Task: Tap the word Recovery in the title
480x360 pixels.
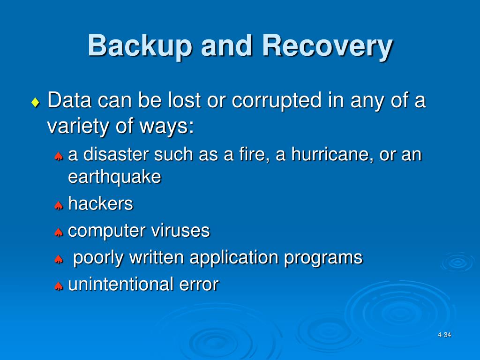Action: click(x=327, y=46)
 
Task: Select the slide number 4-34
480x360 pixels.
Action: click(x=444, y=335)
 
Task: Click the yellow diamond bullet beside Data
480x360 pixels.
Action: click(x=36, y=103)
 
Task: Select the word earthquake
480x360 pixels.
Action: click(x=114, y=177)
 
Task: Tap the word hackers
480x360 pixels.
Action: click(x=100, y=204)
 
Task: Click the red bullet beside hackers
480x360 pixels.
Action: click(x=59, y=205)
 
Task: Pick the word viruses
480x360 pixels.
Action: click(x=180, y=231)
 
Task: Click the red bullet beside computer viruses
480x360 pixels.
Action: click(x=59, y=232)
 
